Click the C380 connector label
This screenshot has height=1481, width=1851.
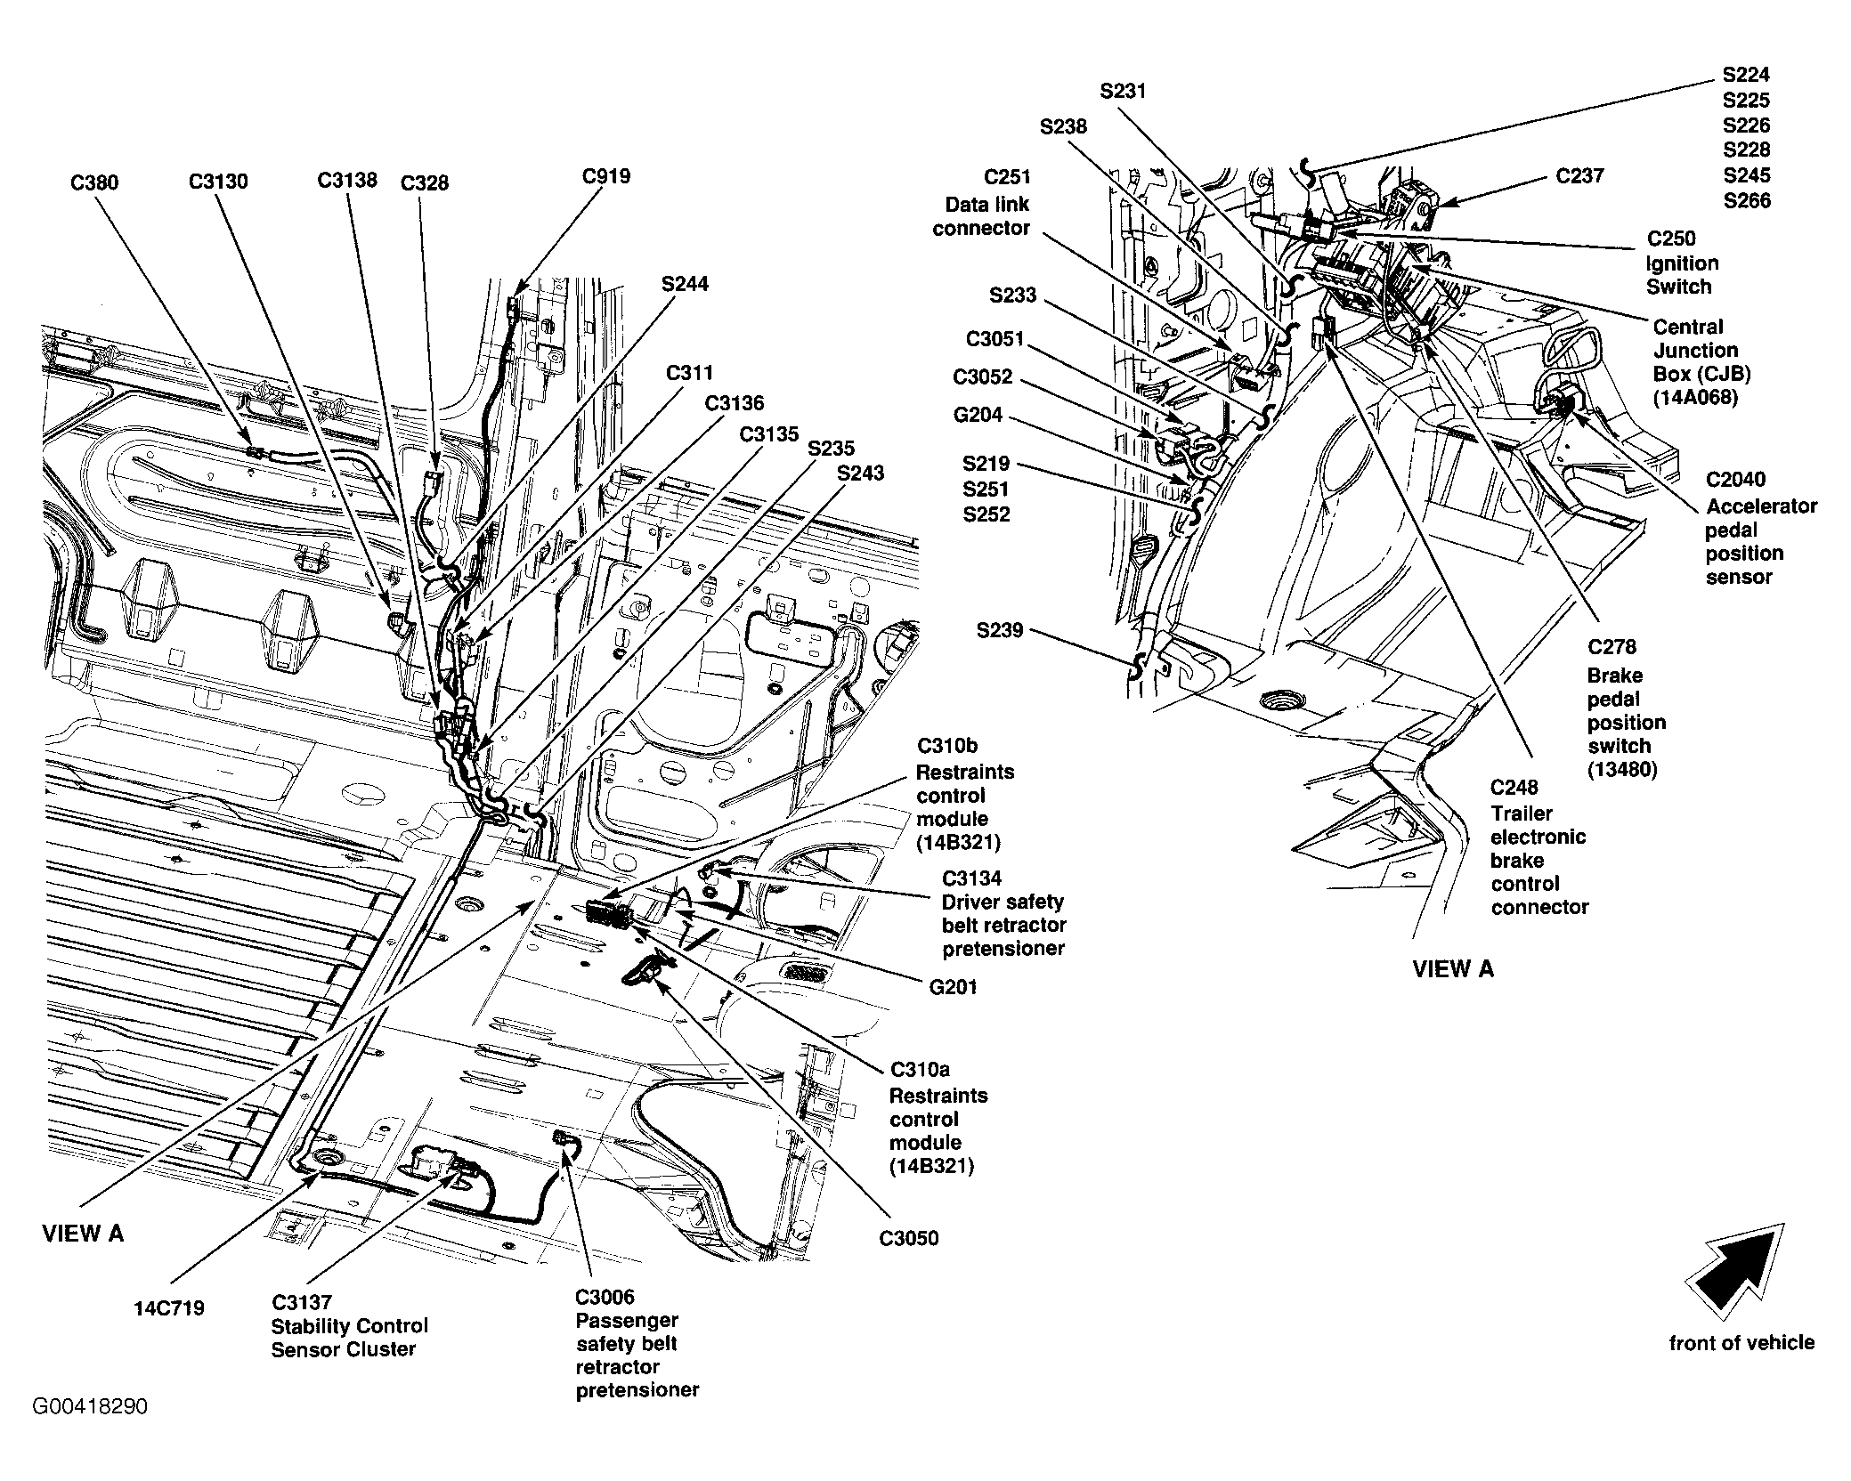(x=94, y=182)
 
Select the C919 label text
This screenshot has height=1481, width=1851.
(x=606, y=176)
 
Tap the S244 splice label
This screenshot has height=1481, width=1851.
(x=686, y=284)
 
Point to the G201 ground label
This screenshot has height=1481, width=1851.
(x=953, y=986)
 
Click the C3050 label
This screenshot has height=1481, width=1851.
(x=909, y=1238)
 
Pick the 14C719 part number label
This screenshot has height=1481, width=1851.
(x=169, y=1307)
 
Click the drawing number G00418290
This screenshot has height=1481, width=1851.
(x=91, y=1406)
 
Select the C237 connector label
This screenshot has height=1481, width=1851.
(x=1580, y=176)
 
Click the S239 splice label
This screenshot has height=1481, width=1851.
(x=1000, y=631)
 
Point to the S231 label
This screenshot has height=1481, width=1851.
(x=1124, y=91)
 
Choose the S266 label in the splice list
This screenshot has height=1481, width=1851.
(x=1747, y=201)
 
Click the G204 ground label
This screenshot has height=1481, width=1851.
(x=978, y=415)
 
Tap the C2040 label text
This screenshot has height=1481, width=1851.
(x=1736, y=480)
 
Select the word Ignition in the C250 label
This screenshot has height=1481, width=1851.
(x=1682, y=263)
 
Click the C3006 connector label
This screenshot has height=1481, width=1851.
(x=605, y=1297)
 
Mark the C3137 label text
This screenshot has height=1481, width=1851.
(x=301, y=1302)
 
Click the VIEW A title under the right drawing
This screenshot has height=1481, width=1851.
(x=1453, y=969)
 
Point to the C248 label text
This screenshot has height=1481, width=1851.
(x=1515, y=788)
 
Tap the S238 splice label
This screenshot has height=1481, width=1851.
(x=1064, y=126)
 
